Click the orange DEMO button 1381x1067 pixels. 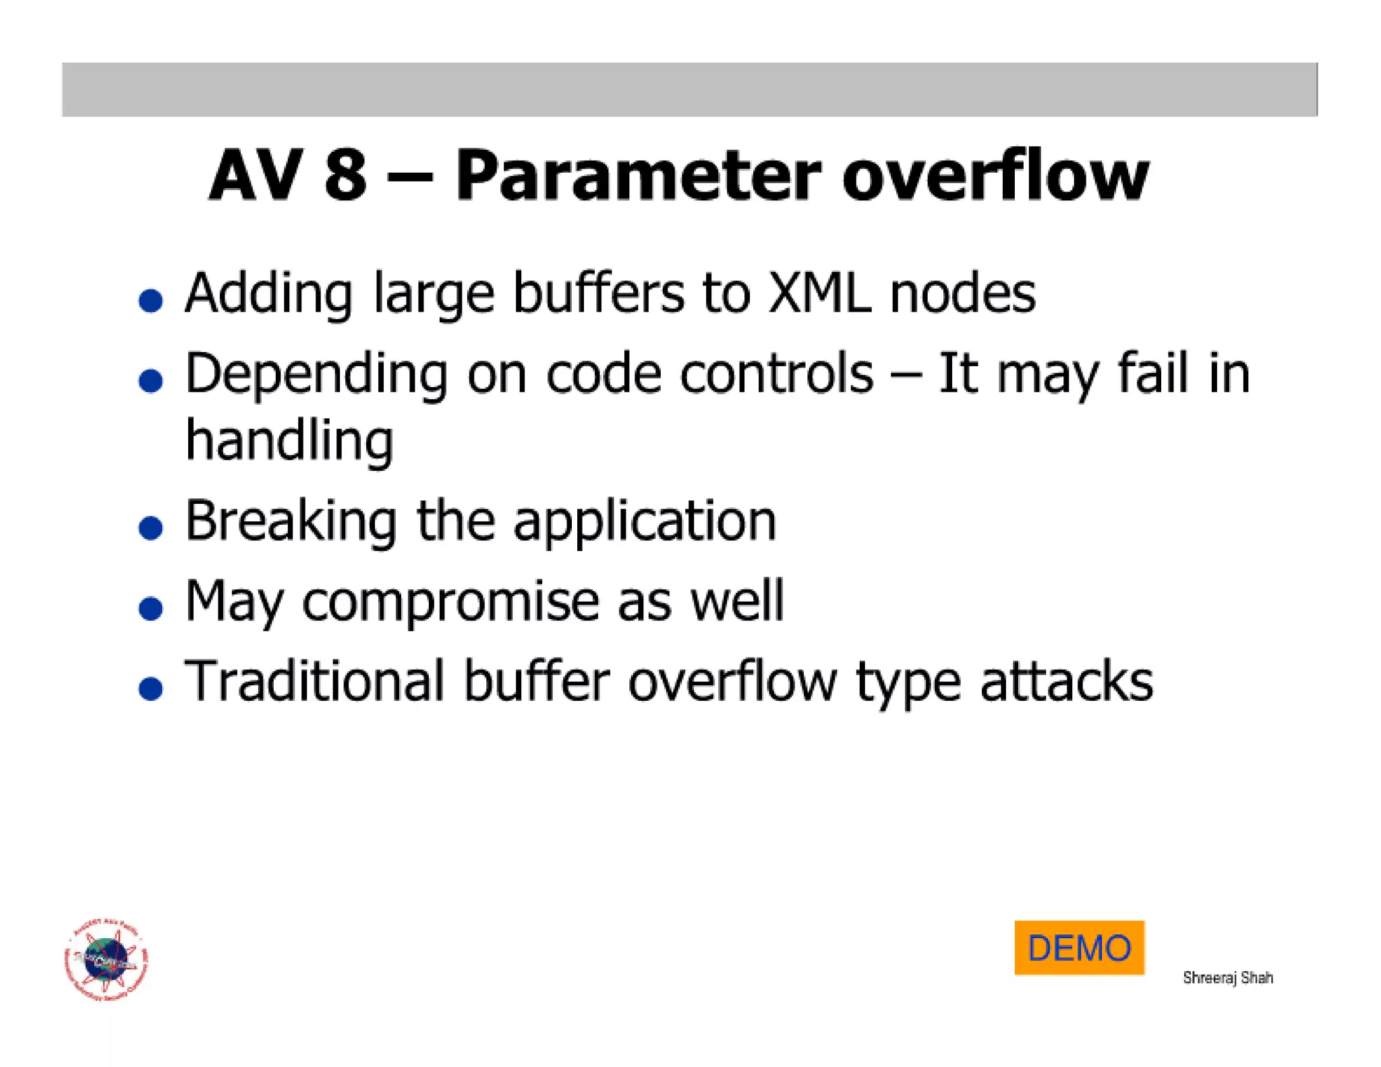coord(1079,947)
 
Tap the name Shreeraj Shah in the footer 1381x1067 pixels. coord(1227,977)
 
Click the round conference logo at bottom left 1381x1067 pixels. coord(107,959)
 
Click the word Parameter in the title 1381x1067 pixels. coord(638,177)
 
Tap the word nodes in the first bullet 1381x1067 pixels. coord(962,294)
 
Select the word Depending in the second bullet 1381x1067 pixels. coord(316,375)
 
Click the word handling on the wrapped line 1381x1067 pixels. coord(289,440)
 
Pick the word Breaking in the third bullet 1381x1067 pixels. coord(291,521)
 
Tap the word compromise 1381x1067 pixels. coord(450,602)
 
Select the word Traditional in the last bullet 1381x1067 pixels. coord(314,681)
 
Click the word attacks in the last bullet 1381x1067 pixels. coord(1066,681)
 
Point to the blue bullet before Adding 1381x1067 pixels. coord(150,300)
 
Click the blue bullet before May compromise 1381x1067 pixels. coord(150,608)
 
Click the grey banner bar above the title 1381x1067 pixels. coord(689,89)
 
